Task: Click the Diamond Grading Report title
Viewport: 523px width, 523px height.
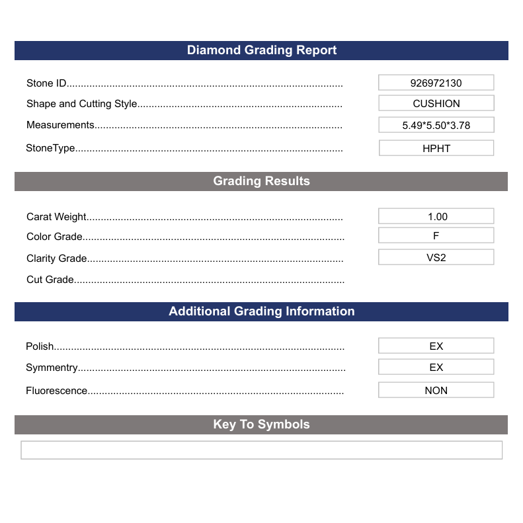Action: (x=261, y=50)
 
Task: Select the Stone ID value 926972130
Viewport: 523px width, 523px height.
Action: (x=436, y=83)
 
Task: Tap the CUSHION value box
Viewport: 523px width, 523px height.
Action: (x=436, y=103)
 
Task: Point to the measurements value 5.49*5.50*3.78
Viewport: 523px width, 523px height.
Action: (x=436, y=125)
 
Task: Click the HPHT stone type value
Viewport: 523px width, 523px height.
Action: (x=436, y=148)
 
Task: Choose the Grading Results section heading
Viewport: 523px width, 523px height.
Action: (x=261, y=181)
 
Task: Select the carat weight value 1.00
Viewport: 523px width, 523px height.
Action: (x=436, y=216)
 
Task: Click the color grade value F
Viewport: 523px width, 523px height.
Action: (x=436, y=235)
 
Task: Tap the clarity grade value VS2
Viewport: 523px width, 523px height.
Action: (x=436, y=257)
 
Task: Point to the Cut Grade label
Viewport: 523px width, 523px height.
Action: (x=50, y=280)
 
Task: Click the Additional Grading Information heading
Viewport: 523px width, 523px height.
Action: (x=261, y=311)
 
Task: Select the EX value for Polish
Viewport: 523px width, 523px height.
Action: (x=436, y=346)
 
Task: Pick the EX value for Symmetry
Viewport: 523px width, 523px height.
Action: (x=436, y=367)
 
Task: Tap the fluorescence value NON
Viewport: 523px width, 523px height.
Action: (x=436, y=390)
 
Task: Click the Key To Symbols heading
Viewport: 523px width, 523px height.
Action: (x=261, y=424)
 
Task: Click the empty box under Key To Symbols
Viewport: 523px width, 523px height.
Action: (x=261, y=450)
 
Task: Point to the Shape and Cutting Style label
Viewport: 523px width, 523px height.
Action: (x=81, y=104)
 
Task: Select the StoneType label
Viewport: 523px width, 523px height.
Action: (x=50, y=148)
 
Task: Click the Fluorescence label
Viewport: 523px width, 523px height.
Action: (x=56, y=391)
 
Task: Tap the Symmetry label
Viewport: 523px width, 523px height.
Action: (x=52, y=368)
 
